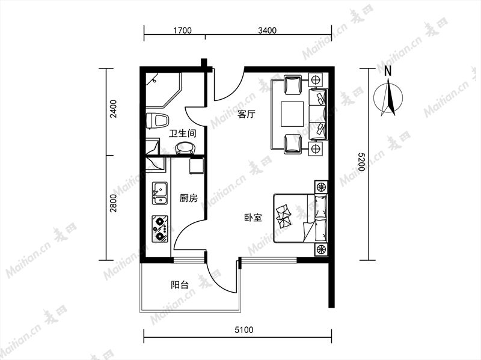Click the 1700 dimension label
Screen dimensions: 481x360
pos(183,30)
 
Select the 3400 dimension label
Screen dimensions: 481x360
pos(267,30)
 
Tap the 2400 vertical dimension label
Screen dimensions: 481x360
pos(114,109)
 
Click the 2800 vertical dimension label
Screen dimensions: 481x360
pos(114,203)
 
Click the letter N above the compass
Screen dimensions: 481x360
pos(388,71)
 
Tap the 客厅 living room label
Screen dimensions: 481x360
pos(247,115)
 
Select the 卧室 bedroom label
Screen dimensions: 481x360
pos(253,218)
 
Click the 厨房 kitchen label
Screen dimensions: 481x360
pos(189,198)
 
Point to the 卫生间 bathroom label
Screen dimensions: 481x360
pos(183,133)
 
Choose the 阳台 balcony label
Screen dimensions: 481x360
pos(180,285)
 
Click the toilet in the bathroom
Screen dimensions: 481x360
pos(157,121)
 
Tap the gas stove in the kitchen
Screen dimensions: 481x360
pos(160,228)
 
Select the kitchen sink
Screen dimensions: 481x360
pos(160,193)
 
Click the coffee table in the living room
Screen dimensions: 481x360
pos(293,114)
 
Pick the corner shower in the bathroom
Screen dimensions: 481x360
pos(164,90)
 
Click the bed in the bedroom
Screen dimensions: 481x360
pos(301,218)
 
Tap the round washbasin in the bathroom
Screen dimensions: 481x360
pos(186,148)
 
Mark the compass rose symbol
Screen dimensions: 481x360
pos(388,98)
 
